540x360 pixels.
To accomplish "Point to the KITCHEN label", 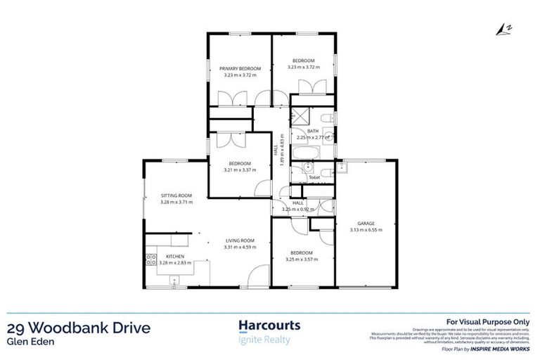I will point(175,256).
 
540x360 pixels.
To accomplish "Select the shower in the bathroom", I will point(300,117).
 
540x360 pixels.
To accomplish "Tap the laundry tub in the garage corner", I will point(342,167).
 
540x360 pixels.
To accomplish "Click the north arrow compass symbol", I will point(501,28).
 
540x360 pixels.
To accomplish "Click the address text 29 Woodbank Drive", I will point(78,328).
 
